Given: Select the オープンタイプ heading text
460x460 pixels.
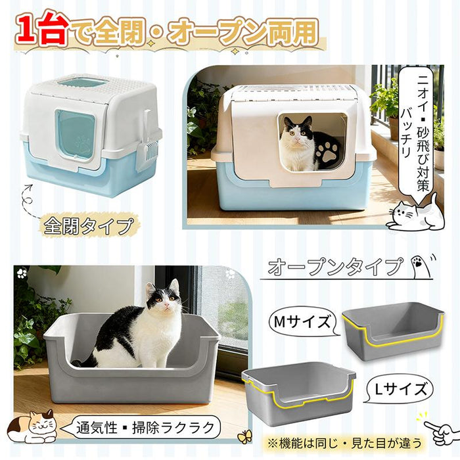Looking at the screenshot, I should point(334,267).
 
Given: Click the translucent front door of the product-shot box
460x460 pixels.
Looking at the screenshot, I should point(75,134).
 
